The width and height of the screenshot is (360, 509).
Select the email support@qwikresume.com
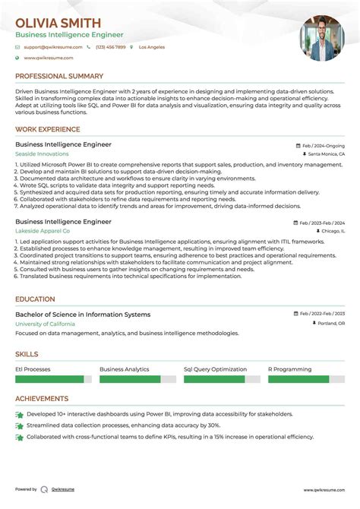pos(46,47)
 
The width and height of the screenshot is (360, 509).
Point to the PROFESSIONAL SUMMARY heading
pos(59,76)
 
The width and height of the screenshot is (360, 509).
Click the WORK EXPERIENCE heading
pos(47,129)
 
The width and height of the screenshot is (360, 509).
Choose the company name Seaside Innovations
pos(42,153)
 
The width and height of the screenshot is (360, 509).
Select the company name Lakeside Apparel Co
pos(43,230)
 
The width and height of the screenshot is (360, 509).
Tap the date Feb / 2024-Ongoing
pos(323,144)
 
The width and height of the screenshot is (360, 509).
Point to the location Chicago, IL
pos(331,230)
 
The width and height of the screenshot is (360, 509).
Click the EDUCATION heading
pos(35,299)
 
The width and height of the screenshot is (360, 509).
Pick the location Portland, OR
pos(330,324)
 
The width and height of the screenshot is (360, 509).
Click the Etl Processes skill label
pos(33,369)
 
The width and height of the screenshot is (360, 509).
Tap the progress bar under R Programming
pos(298,378)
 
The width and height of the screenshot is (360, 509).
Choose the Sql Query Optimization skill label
pos(216,369)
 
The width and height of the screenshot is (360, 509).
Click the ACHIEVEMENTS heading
pos(42,399)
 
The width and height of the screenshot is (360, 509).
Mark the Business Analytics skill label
pos(125,369)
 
